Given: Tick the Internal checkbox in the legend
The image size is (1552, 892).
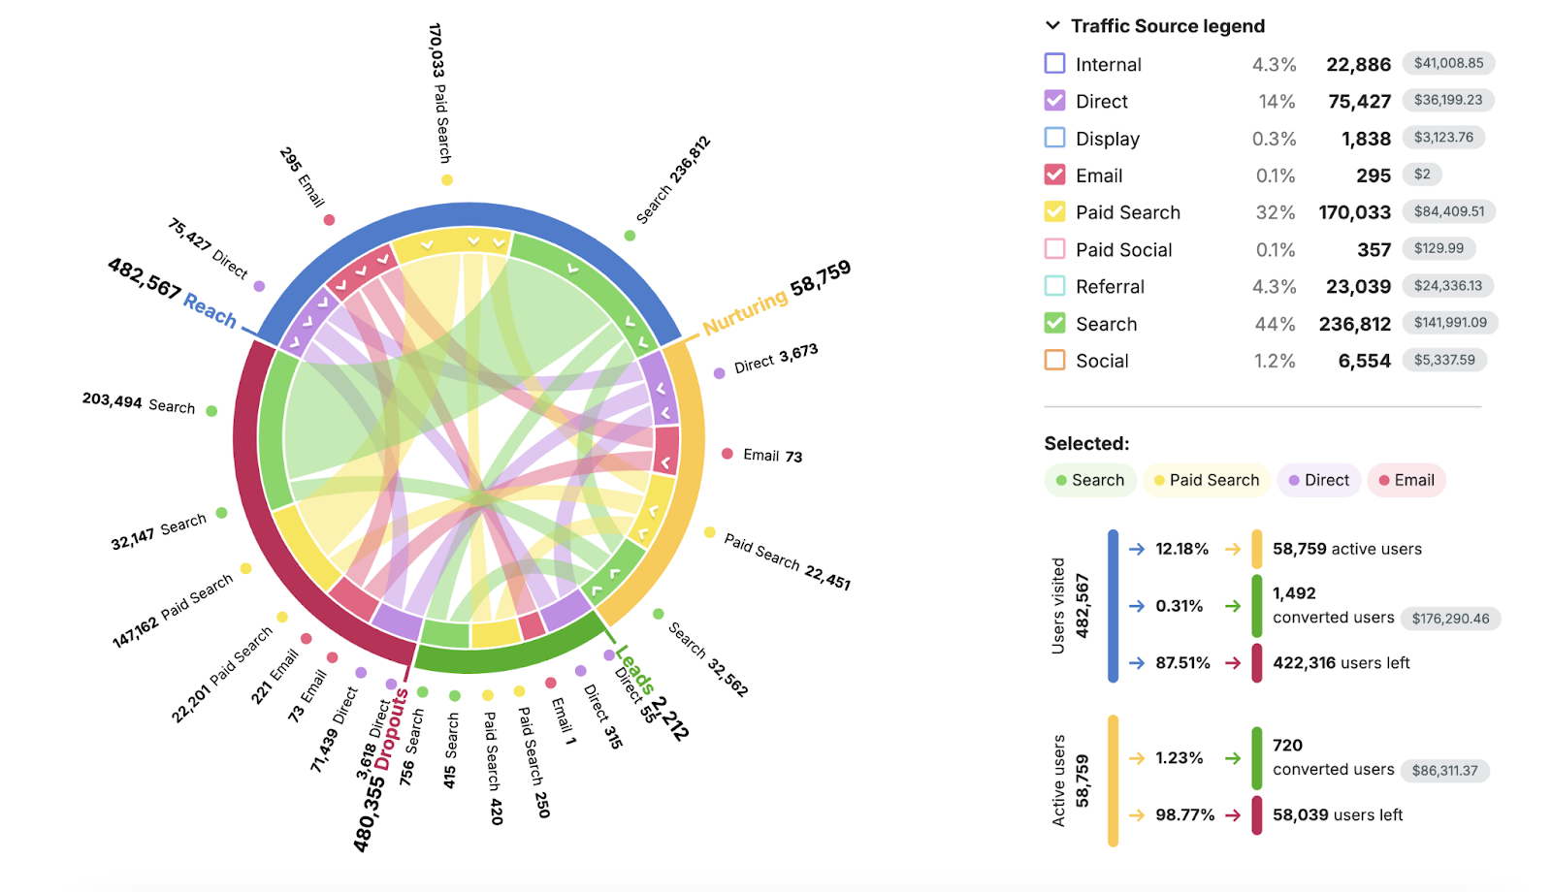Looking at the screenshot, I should [1054, 64].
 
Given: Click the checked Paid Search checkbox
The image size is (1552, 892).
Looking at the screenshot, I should [1054, 211].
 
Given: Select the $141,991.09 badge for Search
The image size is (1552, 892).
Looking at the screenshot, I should [1449, 323].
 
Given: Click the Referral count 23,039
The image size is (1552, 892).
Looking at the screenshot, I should [1358, 287].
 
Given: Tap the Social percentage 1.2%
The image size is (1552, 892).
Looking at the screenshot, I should [1274, 361].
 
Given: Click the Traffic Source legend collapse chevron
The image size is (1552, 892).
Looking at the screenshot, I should [1052, 26].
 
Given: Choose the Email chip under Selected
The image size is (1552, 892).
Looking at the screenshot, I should [1406, 480].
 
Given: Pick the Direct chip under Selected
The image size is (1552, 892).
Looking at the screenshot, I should [1318, 480].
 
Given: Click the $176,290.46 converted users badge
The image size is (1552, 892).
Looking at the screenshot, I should [1449, 619].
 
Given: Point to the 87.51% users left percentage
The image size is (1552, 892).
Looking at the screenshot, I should [1182, 663].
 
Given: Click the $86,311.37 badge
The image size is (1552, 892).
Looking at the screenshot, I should [1444, 771].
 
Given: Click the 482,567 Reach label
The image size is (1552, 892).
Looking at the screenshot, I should [172, 292].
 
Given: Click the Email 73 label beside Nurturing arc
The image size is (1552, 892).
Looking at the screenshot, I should [772, 456].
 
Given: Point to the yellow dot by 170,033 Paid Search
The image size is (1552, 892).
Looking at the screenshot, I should [447, 179].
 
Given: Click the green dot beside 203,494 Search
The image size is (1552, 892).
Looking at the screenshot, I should [211, 411].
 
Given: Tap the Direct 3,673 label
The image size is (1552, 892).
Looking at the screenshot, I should [775, 359].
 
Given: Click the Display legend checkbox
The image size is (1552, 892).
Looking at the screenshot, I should [1054, 138].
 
